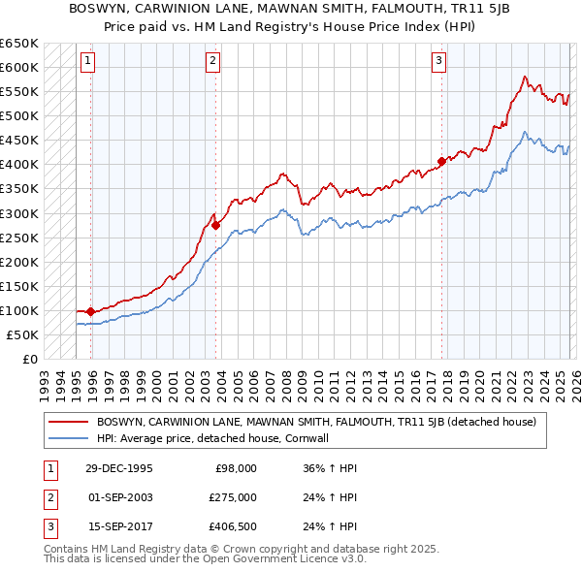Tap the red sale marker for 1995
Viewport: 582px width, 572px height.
pyautogui.click(x=91, y=311)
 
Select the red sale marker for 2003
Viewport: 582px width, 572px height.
pyautogui.click(x=215, y=225)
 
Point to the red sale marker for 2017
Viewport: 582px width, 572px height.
pyautogui.click(x=441, y=161)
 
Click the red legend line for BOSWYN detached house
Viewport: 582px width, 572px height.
pyautogui.click(x=69, y=422)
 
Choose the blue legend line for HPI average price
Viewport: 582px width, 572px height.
pyautogui.click(x=69, y=438)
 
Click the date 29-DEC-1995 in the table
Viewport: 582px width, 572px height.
pyautogui.click(x=118, y=467)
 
